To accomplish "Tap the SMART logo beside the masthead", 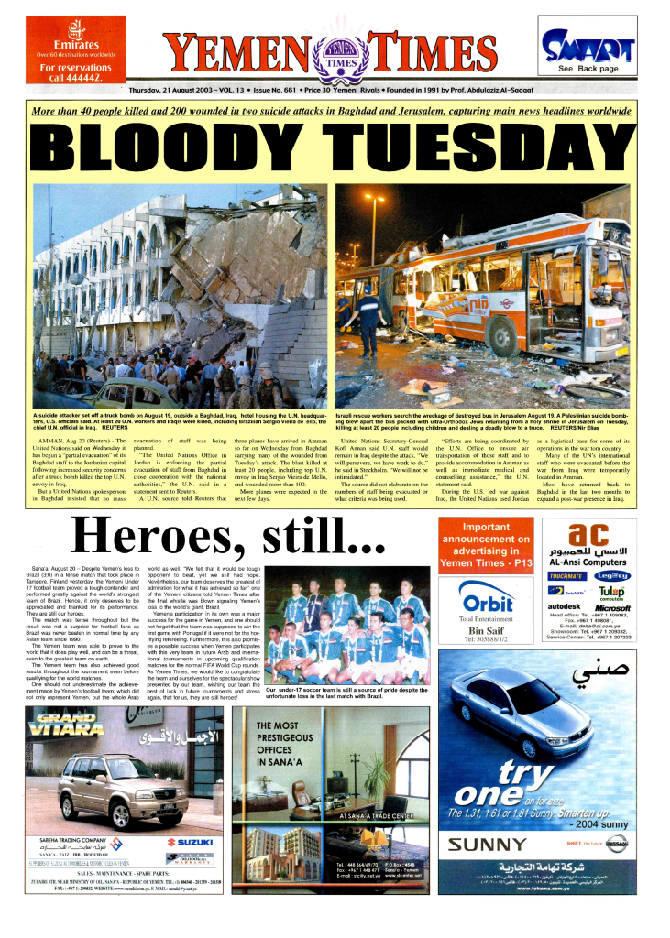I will (x=588, y=45).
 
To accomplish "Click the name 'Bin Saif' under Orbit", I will (x=486, y=631).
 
